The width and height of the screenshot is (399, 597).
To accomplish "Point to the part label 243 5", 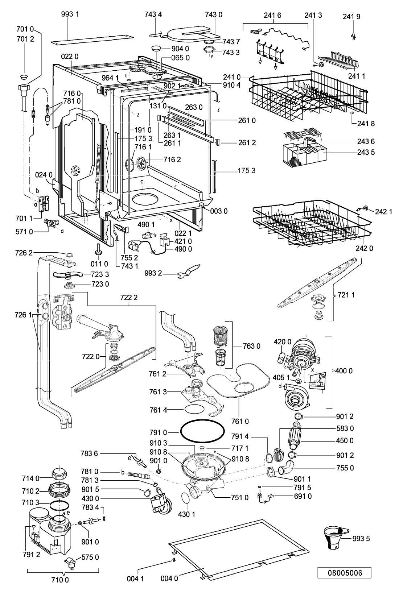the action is tap(366, 152).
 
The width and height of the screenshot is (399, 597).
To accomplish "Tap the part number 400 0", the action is tap(344, 371).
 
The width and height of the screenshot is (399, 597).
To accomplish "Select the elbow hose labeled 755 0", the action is tap(286, 468).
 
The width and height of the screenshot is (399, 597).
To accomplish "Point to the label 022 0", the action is tap(70, 57).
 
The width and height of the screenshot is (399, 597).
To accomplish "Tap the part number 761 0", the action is tap(240, 421).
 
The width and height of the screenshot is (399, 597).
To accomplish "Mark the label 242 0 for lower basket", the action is tap(364, 248).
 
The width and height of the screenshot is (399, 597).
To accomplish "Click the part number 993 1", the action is tap(70, 14).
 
